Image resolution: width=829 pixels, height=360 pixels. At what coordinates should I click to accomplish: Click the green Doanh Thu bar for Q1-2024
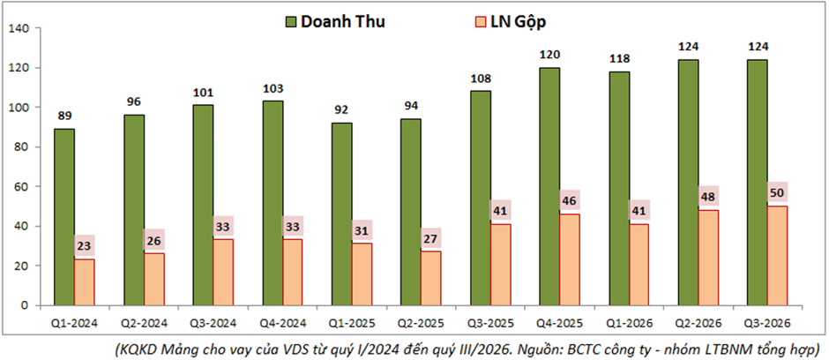click(64, 217)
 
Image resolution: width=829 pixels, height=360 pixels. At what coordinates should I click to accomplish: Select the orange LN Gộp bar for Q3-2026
click(777, 256)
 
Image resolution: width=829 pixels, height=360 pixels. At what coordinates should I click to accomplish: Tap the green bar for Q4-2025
click(549, 186)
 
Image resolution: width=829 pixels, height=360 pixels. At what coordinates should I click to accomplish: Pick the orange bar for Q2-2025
click(431, 279)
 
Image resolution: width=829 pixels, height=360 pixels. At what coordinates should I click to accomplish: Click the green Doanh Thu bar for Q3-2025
click(480, 199)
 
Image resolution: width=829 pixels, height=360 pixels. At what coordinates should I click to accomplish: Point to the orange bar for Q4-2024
click(293, 273)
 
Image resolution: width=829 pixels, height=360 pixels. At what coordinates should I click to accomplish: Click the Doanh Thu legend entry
click(335, 22)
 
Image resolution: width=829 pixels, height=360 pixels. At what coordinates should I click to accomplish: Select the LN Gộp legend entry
click(512, 22)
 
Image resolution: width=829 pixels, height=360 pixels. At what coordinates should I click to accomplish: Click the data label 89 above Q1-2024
click(64, 116)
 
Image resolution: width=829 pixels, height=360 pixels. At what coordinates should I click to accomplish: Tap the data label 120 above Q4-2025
click(549, 55)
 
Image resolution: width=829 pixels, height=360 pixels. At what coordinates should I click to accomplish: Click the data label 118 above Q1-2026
click(619, 59)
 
